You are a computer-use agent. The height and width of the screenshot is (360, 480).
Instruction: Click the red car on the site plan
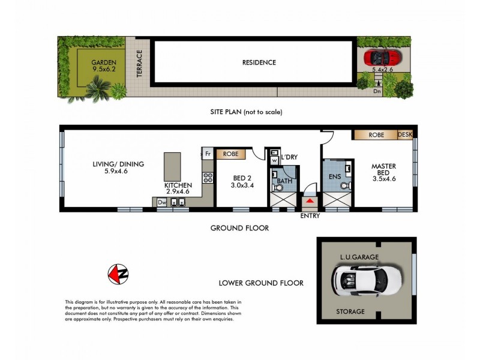click(x=382, y=58)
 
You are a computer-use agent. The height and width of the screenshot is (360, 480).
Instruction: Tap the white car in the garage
click(x=361, y=280)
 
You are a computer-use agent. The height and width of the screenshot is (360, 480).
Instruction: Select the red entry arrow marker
click(x=310, y=201)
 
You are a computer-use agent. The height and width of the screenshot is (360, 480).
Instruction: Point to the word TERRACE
click(x=140, y=63)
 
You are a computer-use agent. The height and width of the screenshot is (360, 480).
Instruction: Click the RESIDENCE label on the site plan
click(x=259, y=62)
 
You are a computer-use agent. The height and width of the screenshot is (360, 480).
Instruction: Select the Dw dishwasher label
click(x=161, y=203)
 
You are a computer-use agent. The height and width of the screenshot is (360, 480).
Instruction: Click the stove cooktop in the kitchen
click(x=208, y=178)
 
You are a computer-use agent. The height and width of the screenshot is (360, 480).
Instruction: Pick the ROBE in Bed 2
click(x=231, y=154)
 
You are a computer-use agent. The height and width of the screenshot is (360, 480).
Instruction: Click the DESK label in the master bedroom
click(x=406, y=136)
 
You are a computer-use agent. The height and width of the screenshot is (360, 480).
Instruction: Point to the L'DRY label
click(x=289, y=157)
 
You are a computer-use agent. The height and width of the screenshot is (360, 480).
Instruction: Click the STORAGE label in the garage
click(x=350, y=311)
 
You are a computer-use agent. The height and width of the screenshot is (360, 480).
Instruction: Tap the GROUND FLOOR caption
click(x=239, y=228)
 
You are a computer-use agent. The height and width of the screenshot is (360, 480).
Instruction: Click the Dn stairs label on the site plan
click(x=377, y=92)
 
